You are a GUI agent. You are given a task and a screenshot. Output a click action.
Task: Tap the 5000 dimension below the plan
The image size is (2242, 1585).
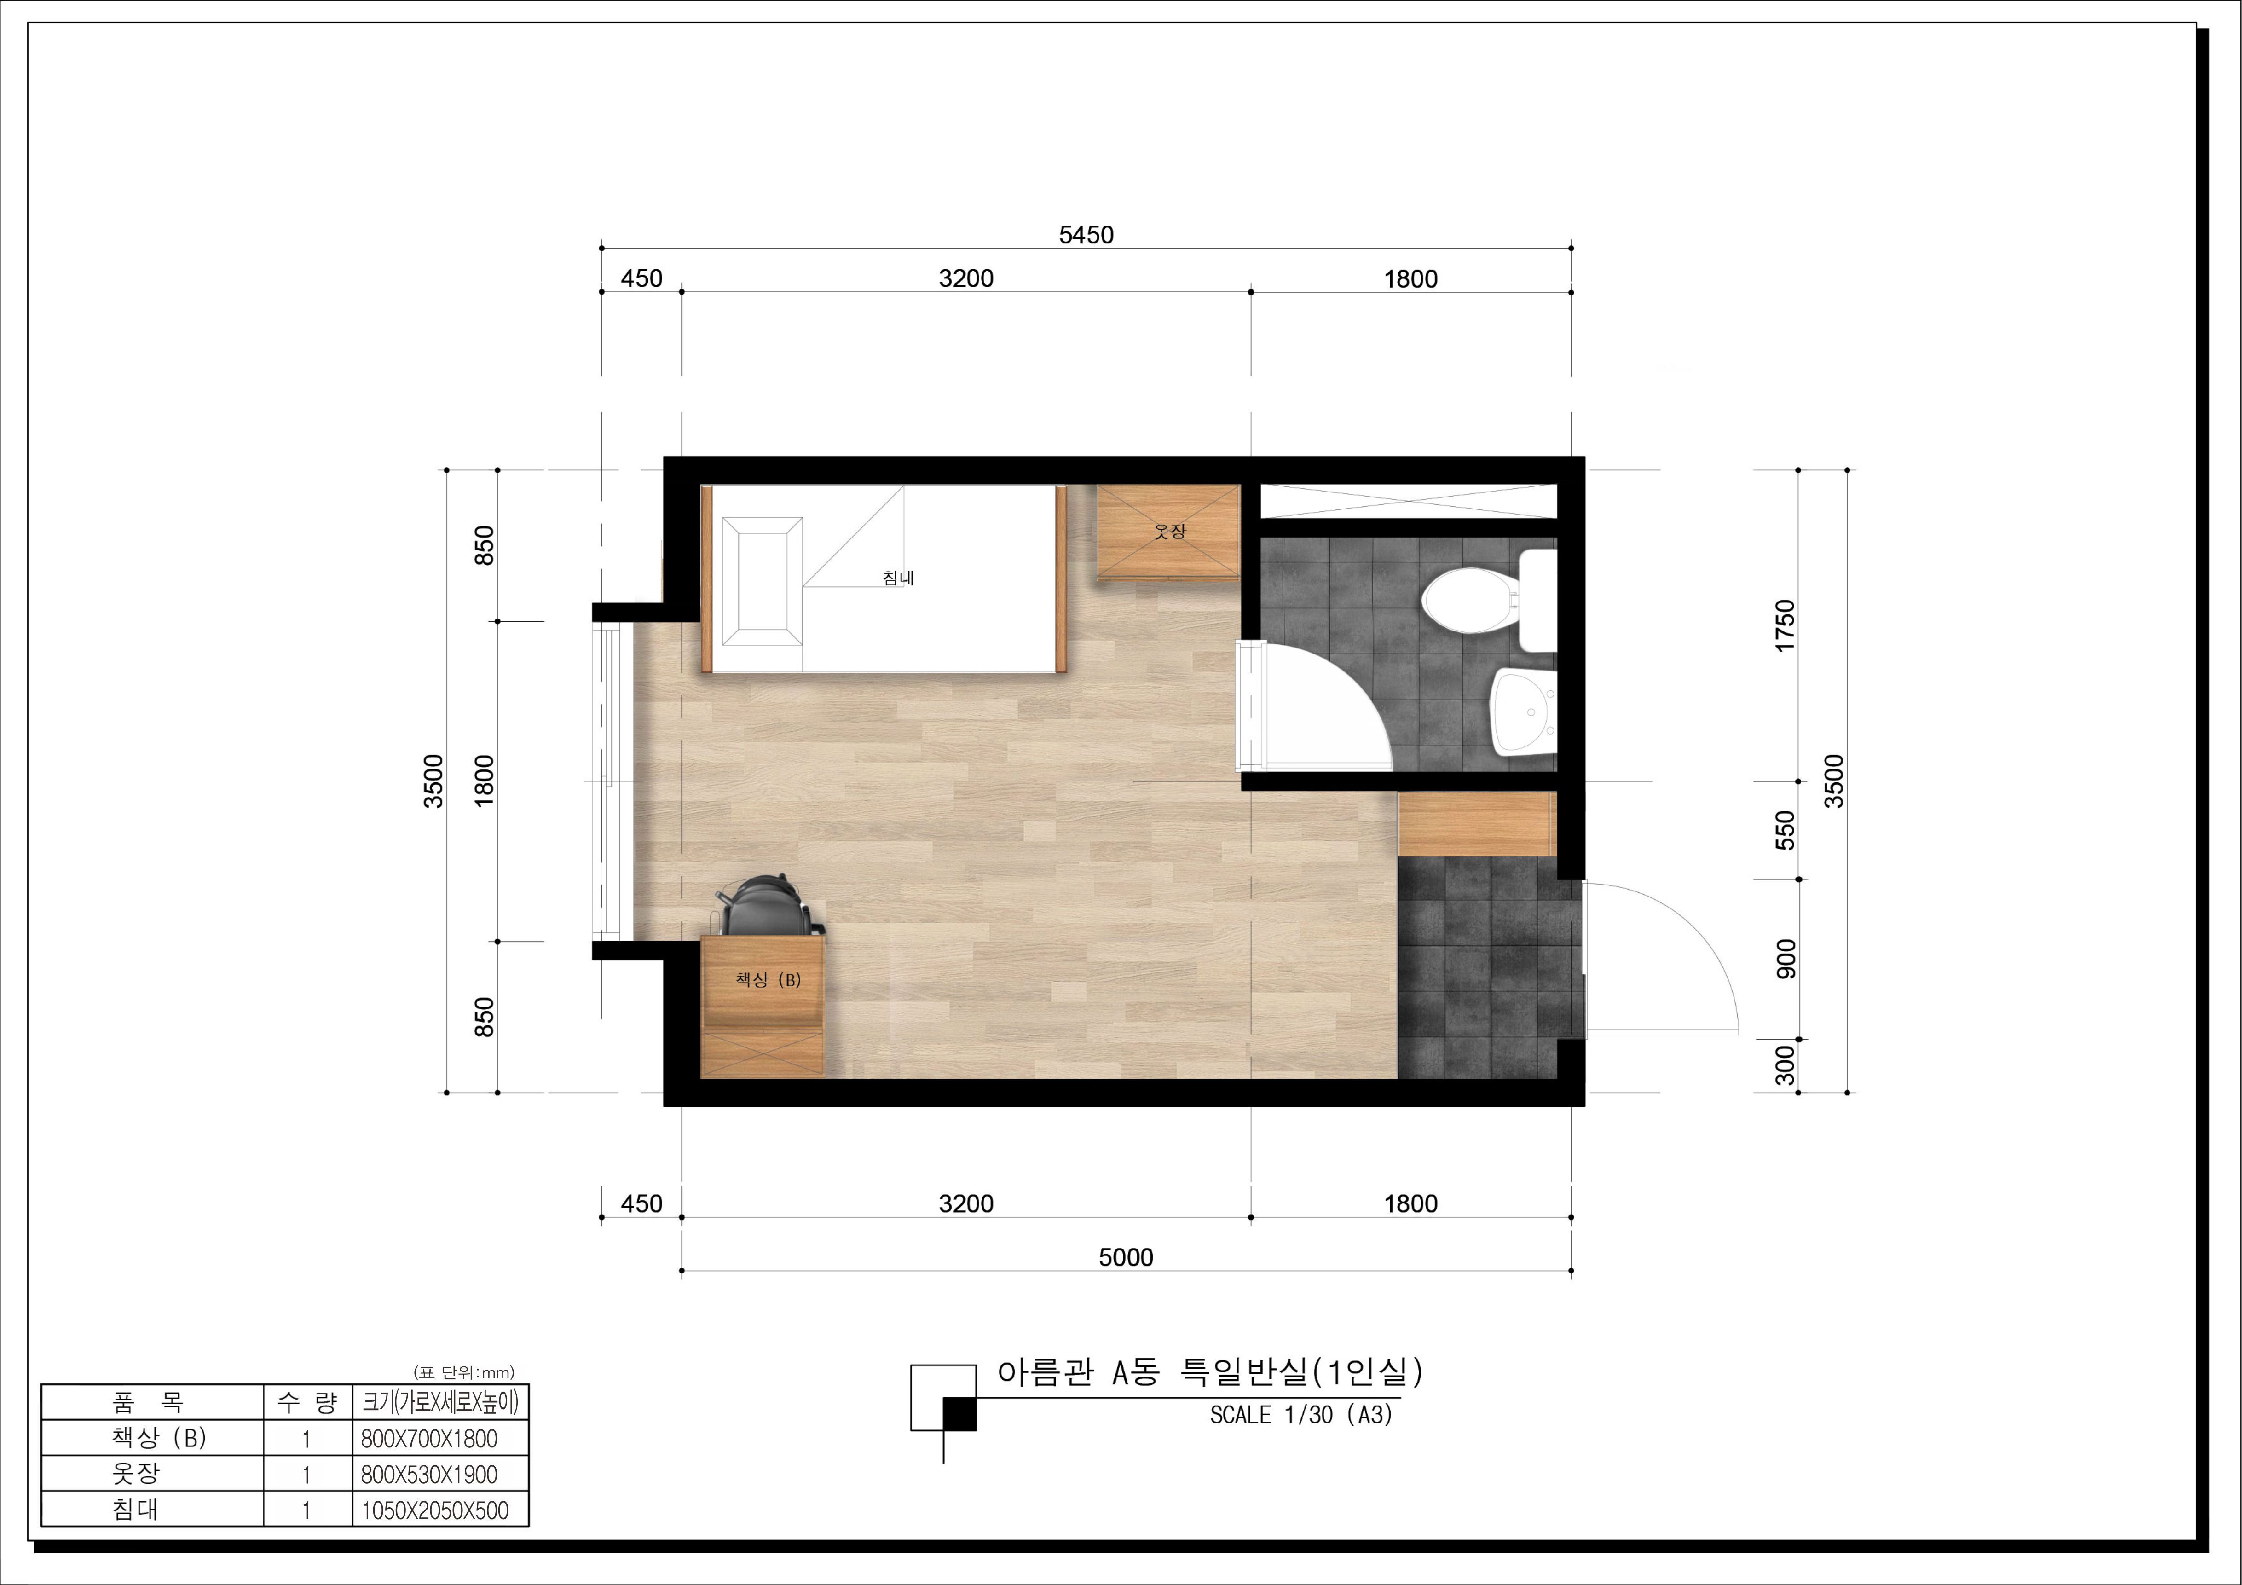tap(1126, 1257)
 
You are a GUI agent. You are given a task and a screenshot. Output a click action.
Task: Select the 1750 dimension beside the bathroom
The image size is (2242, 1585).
tap(1785, 626)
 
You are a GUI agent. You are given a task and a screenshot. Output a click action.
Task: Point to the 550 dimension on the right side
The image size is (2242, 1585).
tap(1785, 830)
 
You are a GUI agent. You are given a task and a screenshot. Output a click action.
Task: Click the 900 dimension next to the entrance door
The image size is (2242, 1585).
tap(1785, 959)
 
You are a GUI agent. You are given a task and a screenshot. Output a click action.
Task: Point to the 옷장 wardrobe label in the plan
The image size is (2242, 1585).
tap(1169, 531)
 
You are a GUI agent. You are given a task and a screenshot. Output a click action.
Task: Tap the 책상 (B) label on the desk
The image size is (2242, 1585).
tap(769, 979)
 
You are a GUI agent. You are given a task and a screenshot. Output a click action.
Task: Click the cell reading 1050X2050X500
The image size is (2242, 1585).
tap(435, 1510)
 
